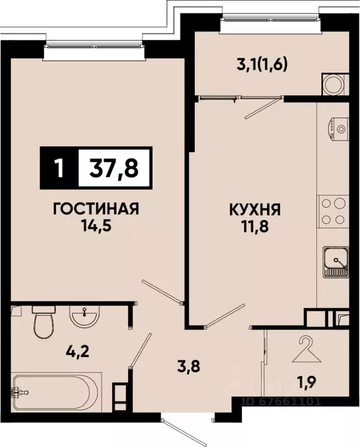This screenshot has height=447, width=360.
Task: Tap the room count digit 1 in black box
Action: [x=58, y=168]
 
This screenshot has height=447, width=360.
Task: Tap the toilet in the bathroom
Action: [x=44, y=322]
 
